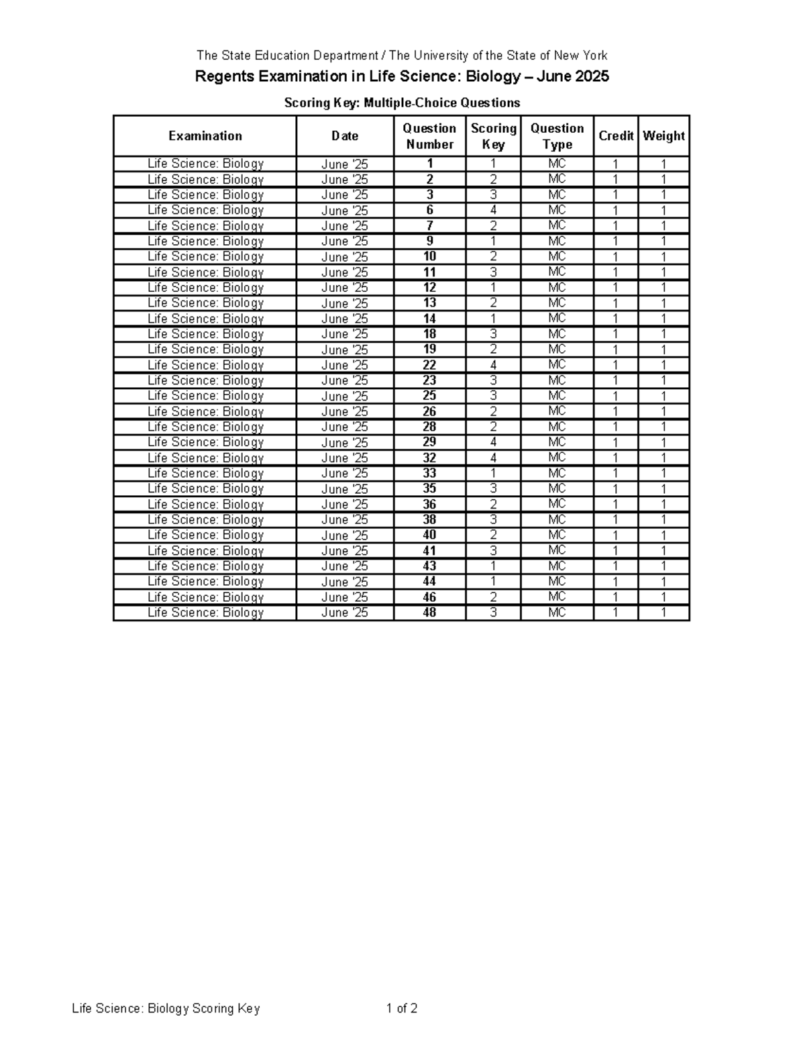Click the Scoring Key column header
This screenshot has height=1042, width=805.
coord(493,136)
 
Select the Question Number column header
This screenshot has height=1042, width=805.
coord(429,136)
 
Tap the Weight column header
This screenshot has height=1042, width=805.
coord(663,136)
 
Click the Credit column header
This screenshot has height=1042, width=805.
coord(616,136)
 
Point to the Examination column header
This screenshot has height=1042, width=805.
coord(205,136)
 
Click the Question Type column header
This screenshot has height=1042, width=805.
coord(557,136)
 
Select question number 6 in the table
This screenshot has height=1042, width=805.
coord(429,210)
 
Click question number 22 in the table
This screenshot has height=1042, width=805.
coord(429,365)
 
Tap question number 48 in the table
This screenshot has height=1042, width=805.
coord(429,613)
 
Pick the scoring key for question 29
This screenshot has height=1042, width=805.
coord(493,442)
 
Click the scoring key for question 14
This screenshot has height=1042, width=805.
coord(493,319)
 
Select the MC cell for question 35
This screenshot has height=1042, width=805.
coord(557,488)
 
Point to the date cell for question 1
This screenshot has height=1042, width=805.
coord(345,164)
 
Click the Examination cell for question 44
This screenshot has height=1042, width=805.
coord(205,582)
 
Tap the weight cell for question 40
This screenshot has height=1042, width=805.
coord(663,535)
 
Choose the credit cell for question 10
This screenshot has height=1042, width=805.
coord(616,256)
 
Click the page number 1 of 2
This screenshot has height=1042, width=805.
coord(402,1008)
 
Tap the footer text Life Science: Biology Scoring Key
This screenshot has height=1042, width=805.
coord(166,1008)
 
